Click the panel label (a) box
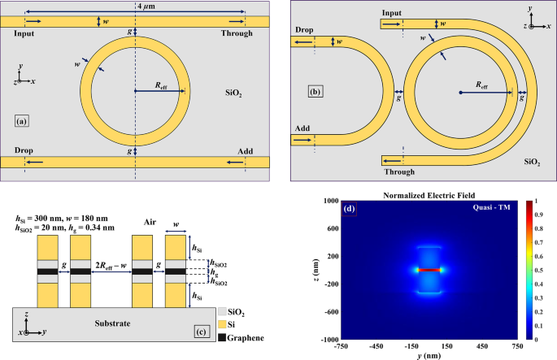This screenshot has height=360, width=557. [23, 121]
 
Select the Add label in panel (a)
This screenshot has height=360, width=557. [245, 151]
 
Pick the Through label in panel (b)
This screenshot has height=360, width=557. [398, 171]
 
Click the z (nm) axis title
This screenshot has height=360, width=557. [306, 269]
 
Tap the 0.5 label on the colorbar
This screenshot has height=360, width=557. [541, 270]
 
